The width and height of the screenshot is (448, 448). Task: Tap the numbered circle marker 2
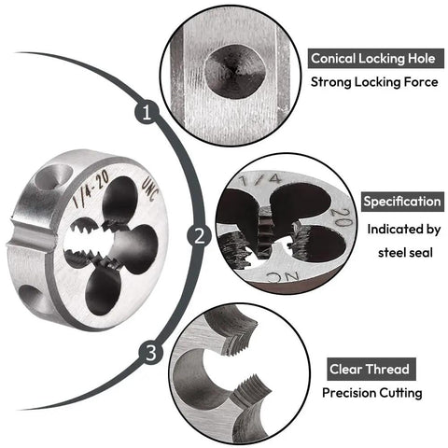tap(200, 235)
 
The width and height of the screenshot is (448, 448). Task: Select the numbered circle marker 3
tap(151, 354)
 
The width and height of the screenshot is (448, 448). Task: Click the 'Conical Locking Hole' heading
tap(376, 59)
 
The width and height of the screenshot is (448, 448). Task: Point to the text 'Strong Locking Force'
tap(374, 82)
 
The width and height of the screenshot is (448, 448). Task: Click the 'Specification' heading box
tap(402, 202)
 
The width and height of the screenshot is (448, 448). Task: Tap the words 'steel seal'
tap(405, 253)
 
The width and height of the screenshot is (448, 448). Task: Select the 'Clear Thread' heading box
tap(371, 370)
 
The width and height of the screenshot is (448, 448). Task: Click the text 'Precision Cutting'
tap(372, 393)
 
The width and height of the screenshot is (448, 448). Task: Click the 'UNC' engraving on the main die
tap(150, 190)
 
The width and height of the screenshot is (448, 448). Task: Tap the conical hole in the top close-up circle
tap(235, 71)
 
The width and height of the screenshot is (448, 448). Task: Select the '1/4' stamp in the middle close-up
tap(260, 179)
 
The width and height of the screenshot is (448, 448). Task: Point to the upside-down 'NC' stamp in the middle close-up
tap(283, 276)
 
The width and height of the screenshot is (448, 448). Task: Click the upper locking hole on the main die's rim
tap(53, 176)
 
